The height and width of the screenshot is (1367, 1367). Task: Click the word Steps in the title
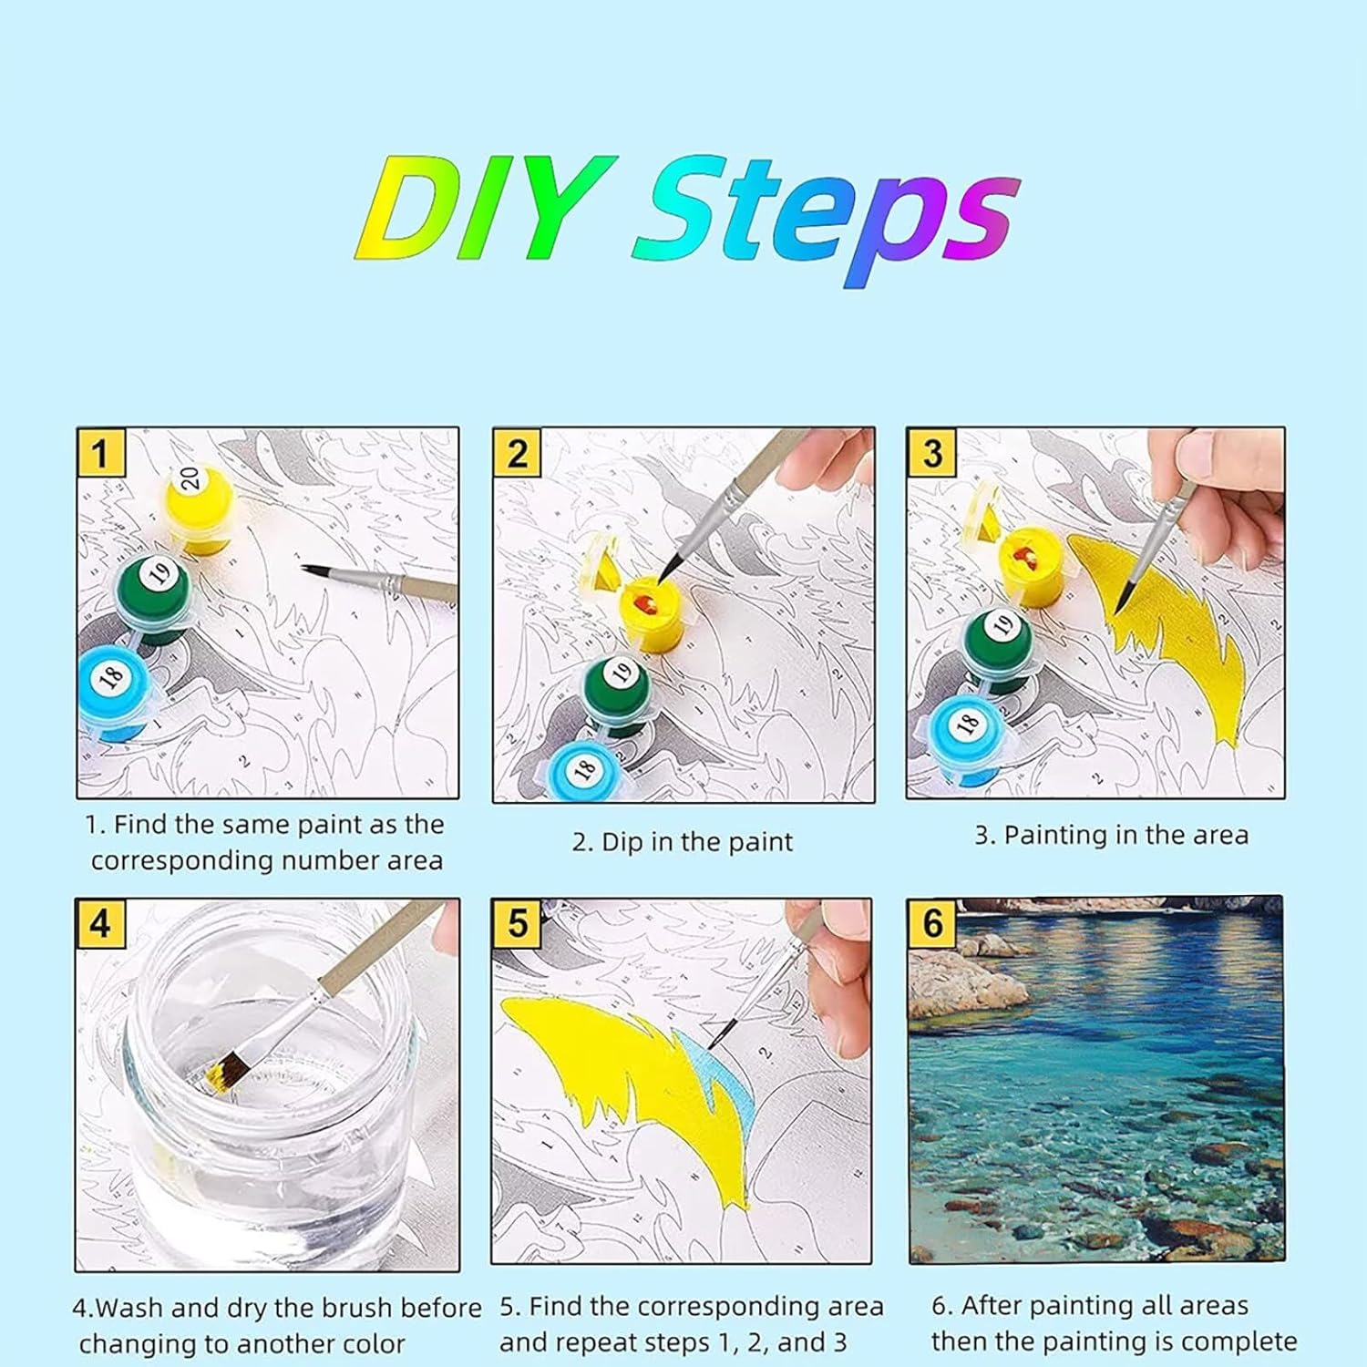click(x=825, y=220)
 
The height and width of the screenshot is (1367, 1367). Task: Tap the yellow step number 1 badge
click(x=101, y=453)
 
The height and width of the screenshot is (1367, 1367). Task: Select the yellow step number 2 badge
click(x=518, y=453)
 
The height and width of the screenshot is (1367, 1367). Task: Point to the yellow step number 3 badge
click(x=931, y=453)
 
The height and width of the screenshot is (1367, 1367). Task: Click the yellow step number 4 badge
click(x=100, y=923)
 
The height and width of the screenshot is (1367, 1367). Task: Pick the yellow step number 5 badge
click(x=518, y=923)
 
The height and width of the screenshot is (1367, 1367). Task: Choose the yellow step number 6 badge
click(x=932, y=923)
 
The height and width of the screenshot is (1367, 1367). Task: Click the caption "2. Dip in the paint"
click(x=683, y=842)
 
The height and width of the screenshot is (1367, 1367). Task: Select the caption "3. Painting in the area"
click(x=1112, y=835)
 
